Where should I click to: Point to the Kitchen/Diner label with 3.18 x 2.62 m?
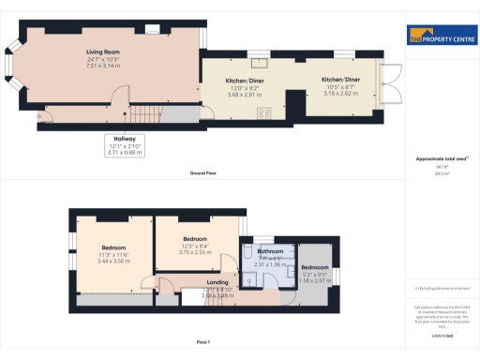click(339, 81)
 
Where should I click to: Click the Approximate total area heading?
click(438, 158)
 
